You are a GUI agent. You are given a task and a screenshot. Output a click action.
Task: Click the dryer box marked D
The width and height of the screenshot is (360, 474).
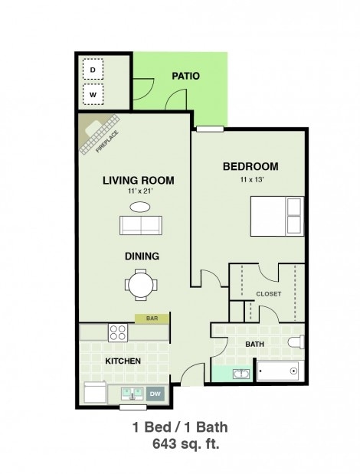(x=93, y=70)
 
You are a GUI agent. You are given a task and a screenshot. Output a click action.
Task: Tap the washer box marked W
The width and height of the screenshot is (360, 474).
(x=93, y=95)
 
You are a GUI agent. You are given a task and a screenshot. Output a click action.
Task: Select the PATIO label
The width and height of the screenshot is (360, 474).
(x=185, y=76)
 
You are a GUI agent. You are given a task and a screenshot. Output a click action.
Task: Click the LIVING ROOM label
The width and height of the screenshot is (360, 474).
(x=138, y=181)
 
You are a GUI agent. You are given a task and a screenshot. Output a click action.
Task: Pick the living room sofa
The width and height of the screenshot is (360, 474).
(x=140, y=225)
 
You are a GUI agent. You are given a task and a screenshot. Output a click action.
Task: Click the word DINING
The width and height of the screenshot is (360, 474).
(x=141, y=257)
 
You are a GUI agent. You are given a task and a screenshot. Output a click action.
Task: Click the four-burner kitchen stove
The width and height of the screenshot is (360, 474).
(x=117, y=332)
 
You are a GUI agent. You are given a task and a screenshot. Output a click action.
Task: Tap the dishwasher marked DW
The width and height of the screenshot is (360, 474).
(x=155, y=394)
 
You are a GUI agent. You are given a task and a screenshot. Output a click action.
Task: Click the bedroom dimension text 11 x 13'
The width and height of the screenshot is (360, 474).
(x=250, y=181)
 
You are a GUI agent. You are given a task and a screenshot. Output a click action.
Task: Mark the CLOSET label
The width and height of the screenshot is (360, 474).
(x=268, y=294)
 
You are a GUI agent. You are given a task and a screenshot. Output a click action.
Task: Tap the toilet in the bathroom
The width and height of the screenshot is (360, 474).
(x=295, y=342)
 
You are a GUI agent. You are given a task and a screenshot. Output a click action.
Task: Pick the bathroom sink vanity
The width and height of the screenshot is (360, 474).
(x=240, y=374)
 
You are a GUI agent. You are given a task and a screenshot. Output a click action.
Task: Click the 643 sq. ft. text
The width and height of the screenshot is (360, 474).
(x=180, y=442)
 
